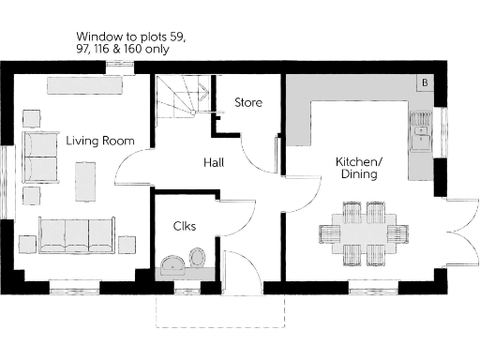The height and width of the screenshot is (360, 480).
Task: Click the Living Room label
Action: [x=99, y=141]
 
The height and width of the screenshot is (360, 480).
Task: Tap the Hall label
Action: [x=214, y=163]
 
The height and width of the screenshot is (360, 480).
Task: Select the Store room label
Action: [x=248, y=102]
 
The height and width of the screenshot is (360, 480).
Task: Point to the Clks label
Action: [x=184, y=226]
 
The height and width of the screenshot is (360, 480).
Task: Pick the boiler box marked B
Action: [x=426, y=83]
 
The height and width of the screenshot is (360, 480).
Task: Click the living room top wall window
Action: [x=118, y=65]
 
